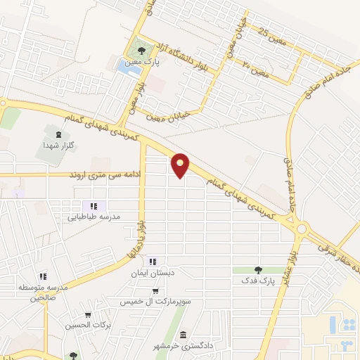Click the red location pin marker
click(x=181, y=165)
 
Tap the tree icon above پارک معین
click(x=141, y=51)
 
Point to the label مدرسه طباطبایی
click(x=95, y=217)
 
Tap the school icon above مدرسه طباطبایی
click(x=93, y=206)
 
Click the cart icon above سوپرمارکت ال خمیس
click(x=155, y=291)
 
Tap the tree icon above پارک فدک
click(x=259, y=269)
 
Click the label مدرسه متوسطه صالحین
click(x=41, y=292)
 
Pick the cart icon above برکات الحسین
click(x=87, y=315)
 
